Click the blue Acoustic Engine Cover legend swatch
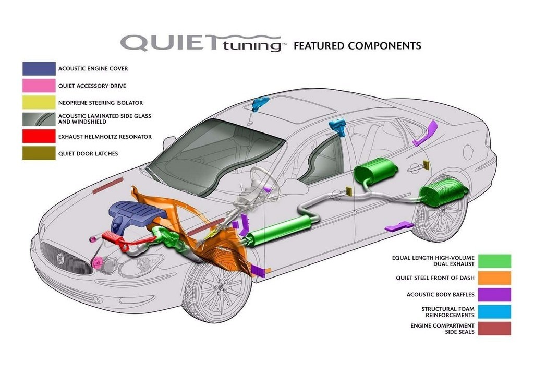39,68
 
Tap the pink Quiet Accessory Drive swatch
39,86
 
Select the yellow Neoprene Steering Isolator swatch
39,103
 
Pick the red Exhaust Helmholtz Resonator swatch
39,136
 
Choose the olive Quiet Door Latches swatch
39,153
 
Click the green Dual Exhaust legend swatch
494,261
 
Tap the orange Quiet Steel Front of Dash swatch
494,278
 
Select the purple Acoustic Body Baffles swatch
494,295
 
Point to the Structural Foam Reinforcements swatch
494,312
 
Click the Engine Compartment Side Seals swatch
494,329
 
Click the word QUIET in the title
169,43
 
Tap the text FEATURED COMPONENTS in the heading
357,46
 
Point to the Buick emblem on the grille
60,258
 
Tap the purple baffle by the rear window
426,133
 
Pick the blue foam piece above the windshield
260,104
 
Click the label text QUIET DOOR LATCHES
88,154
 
